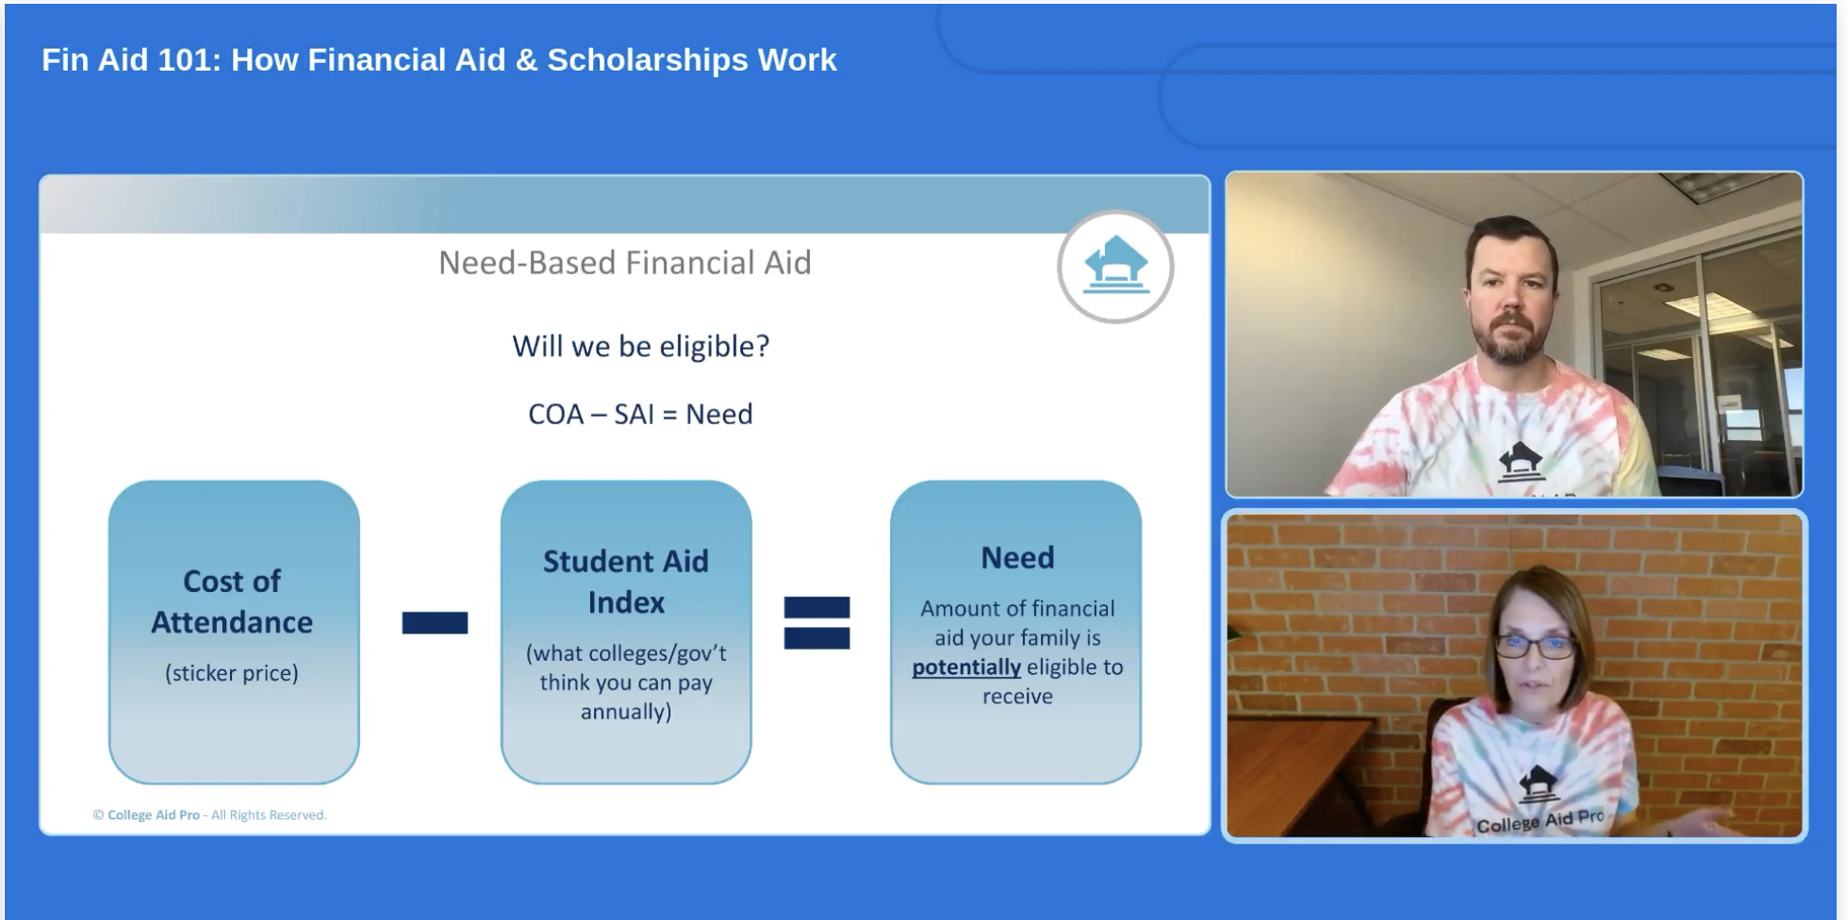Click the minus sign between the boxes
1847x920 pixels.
435,623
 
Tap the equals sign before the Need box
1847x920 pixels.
816,623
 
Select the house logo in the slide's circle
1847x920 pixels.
1115,265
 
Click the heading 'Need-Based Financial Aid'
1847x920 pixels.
625,263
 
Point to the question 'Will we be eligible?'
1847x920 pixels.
641,347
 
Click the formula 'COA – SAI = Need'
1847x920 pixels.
640,414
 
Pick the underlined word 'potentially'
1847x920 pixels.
966,667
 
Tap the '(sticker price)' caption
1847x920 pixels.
232,673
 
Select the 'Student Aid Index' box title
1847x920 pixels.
626,582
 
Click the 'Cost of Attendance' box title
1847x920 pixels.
232,601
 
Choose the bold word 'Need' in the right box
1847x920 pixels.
1017,558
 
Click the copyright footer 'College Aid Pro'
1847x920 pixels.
154,815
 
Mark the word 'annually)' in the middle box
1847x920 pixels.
626,712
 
